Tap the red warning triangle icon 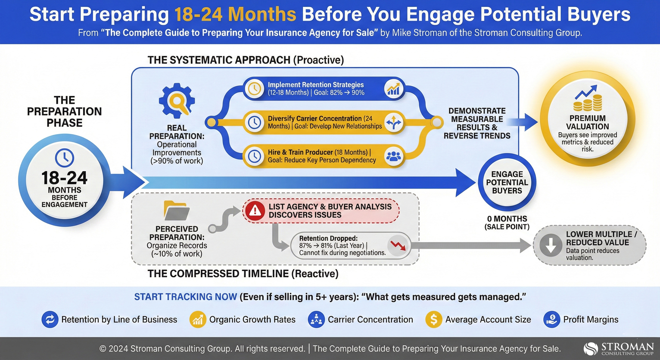(255, 211)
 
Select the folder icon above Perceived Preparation (176, 210)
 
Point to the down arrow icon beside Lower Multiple (551, 245)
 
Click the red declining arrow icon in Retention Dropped (398, 246)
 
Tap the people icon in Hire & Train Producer (393, 156)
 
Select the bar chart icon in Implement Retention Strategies (393, 89)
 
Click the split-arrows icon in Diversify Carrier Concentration (393, 123)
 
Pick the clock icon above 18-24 (64, 158)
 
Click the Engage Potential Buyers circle (507, 182)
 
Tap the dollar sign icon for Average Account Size (434, 319)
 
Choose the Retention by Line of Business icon (50, 319)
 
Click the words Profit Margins (591, 319)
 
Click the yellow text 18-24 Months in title (235, 14)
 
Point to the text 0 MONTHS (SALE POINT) (507, 223)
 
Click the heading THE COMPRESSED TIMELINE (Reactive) (243, 274)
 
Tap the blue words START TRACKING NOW (185, 297)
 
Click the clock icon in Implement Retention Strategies (254, 89)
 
